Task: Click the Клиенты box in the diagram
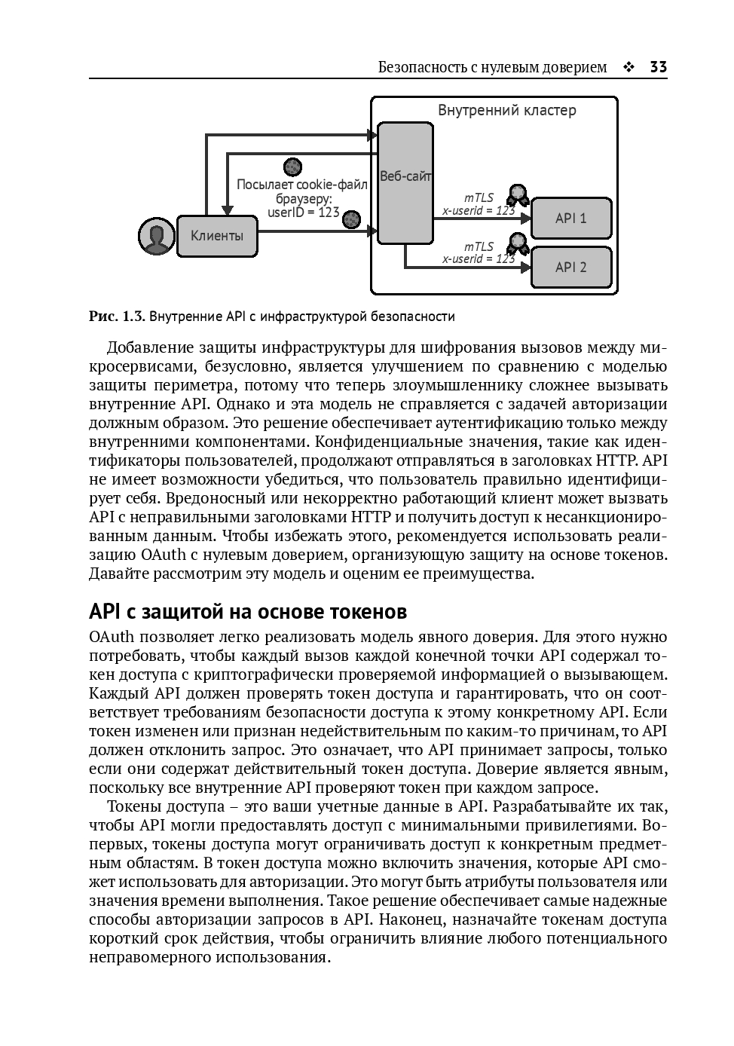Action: click(x=217, y=236)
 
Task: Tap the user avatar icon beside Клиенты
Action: click(x=157, y=236)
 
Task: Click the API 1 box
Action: click(x=570, y=219)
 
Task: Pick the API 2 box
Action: click(x=570, y=268)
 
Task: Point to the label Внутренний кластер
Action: click(x=507, y=111)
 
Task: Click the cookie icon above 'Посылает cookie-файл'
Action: click(x=292, y=167)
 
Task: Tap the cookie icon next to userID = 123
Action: click(x=351, y=219)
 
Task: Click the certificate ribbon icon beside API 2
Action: click(x=518, y=243)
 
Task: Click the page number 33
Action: click(x=658, y=67)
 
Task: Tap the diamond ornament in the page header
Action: click(x=628, y=68)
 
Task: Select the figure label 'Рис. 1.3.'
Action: click(x=116, y=317)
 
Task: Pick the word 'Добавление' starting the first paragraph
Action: click(x=150, y=347)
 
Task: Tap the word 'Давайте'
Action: click(x=118, y=573)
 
